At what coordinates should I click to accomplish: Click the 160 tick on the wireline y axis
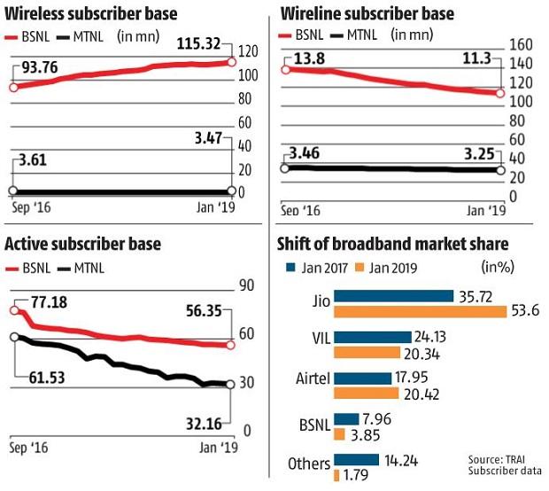click(522, 44)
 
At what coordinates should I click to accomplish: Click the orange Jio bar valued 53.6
click(421, 311)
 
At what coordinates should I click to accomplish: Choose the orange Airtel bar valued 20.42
click(363, 393)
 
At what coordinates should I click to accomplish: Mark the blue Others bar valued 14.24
click(355, 462)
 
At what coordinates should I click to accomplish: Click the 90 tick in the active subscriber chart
click(246, 286)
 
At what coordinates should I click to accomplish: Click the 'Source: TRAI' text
click(503, 459)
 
